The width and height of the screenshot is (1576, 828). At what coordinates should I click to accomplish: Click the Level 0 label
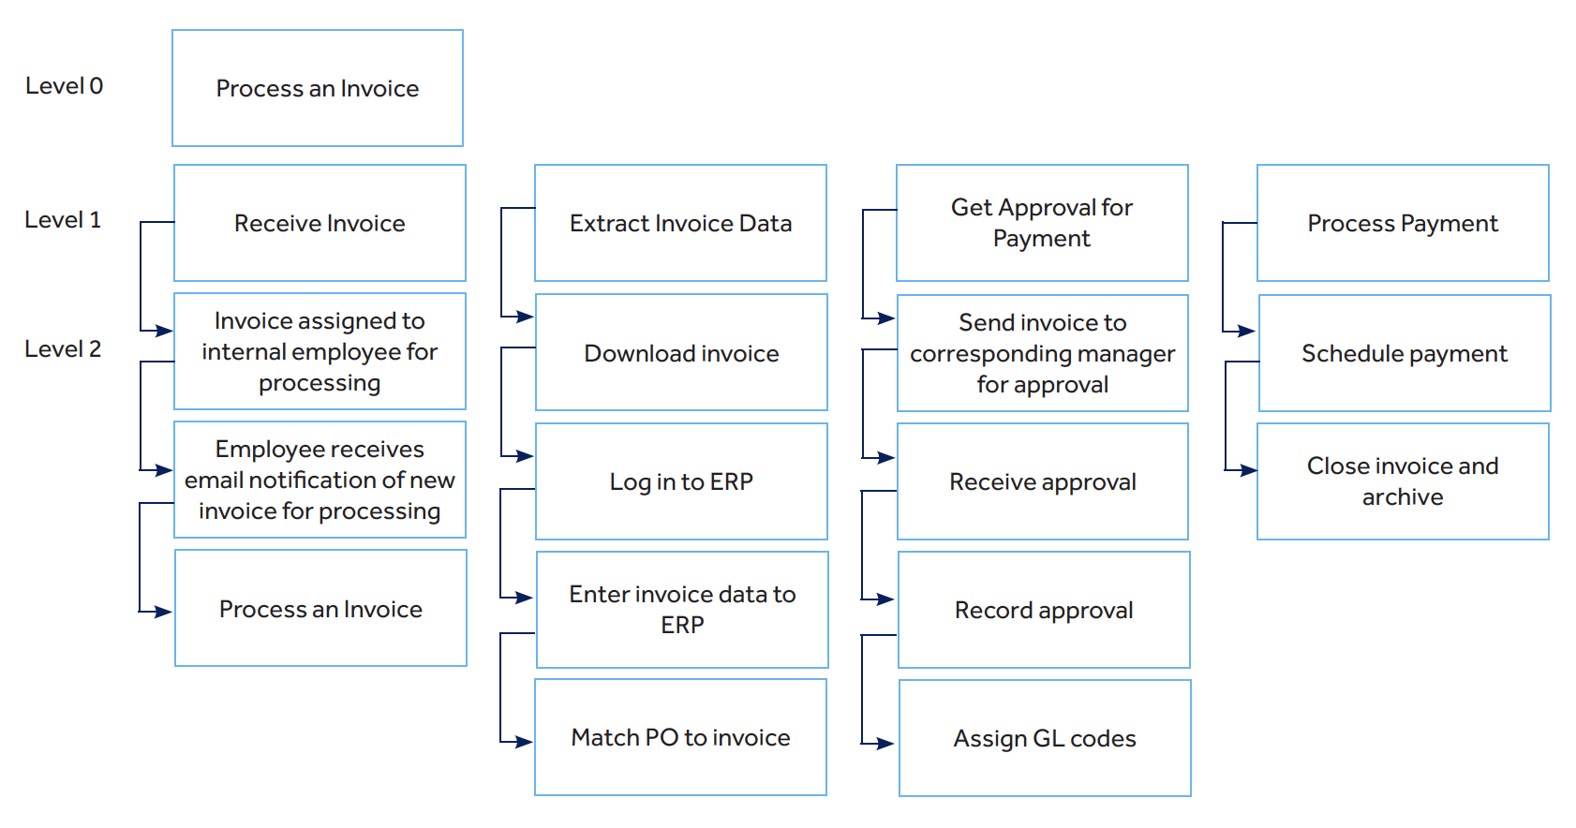tap(64, 86)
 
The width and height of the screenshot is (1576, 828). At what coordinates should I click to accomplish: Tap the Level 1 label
tap(62, 220)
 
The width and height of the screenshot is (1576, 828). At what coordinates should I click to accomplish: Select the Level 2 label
tap(62, 349)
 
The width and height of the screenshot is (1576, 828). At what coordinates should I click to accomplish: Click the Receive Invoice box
tap(320, 223)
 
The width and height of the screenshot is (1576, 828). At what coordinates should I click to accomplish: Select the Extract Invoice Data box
tap(680, 223)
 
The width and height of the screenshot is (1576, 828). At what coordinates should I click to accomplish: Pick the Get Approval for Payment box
tap(1042, 223)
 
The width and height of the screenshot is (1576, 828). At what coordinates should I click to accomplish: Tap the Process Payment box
tap(1403, 223)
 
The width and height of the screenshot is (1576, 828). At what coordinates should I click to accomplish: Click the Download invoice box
tap(681, 353)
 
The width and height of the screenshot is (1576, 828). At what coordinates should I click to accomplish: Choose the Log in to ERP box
tap(681, 481)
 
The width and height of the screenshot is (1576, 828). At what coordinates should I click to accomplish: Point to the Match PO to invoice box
tap(680, 737)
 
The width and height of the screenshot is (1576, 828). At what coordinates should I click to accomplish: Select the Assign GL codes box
tap(1045, 738)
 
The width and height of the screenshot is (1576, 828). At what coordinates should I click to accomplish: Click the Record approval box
tap(1044, 610)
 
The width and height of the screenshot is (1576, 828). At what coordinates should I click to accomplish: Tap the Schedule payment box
tap(1405, 353)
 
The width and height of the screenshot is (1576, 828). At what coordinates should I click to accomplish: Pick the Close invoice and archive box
tap(1403, 481)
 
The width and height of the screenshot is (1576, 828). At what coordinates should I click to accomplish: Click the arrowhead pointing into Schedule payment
tap(1247, 331)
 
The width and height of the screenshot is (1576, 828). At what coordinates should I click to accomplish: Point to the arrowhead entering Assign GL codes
tap(886, 744)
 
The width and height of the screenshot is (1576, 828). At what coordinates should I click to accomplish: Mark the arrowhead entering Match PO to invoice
tap(525, 742)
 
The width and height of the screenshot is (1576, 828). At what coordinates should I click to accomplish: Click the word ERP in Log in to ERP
tap(732, 481)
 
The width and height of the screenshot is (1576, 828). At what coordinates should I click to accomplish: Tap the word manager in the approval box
tap(1123, 354)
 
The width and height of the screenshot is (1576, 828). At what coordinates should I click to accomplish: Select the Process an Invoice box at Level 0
tap(318, 88)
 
